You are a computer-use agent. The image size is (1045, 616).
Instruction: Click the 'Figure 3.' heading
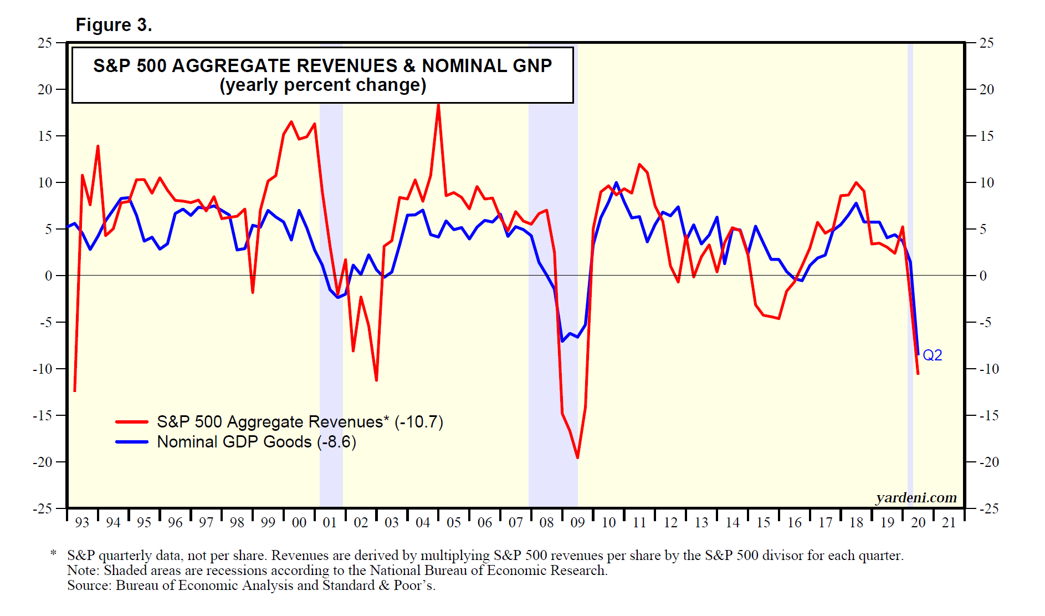point(114,25)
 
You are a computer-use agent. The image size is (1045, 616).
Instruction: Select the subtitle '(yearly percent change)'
point(322,85)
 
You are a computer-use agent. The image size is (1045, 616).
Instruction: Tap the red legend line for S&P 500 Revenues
point(131,422)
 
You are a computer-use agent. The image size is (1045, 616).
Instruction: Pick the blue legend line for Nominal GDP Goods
point(131,442)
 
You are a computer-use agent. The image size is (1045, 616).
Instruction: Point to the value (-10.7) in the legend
point(418,422)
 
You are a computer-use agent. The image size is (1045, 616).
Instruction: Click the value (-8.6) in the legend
point(336,442)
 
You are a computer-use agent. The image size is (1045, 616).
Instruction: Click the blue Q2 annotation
point(932,355)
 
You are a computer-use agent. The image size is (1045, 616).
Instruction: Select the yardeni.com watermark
point(916,497)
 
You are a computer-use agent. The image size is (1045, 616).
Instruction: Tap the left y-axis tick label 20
point(44,89)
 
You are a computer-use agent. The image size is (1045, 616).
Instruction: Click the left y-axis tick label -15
point(42,415)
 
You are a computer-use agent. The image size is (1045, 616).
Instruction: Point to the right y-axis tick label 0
point(983,276)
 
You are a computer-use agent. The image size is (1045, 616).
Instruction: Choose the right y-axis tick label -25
point(989,508)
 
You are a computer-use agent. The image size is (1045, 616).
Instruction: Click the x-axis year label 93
point(82,522)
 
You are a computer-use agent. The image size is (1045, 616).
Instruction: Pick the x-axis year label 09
point(577,522)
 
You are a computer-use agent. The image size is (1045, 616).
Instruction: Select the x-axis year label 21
point(949,522)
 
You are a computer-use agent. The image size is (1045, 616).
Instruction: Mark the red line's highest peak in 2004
point(438,104)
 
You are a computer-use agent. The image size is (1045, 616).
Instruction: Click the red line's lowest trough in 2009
point(577,458)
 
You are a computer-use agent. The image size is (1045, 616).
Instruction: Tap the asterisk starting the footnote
point(53,553)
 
